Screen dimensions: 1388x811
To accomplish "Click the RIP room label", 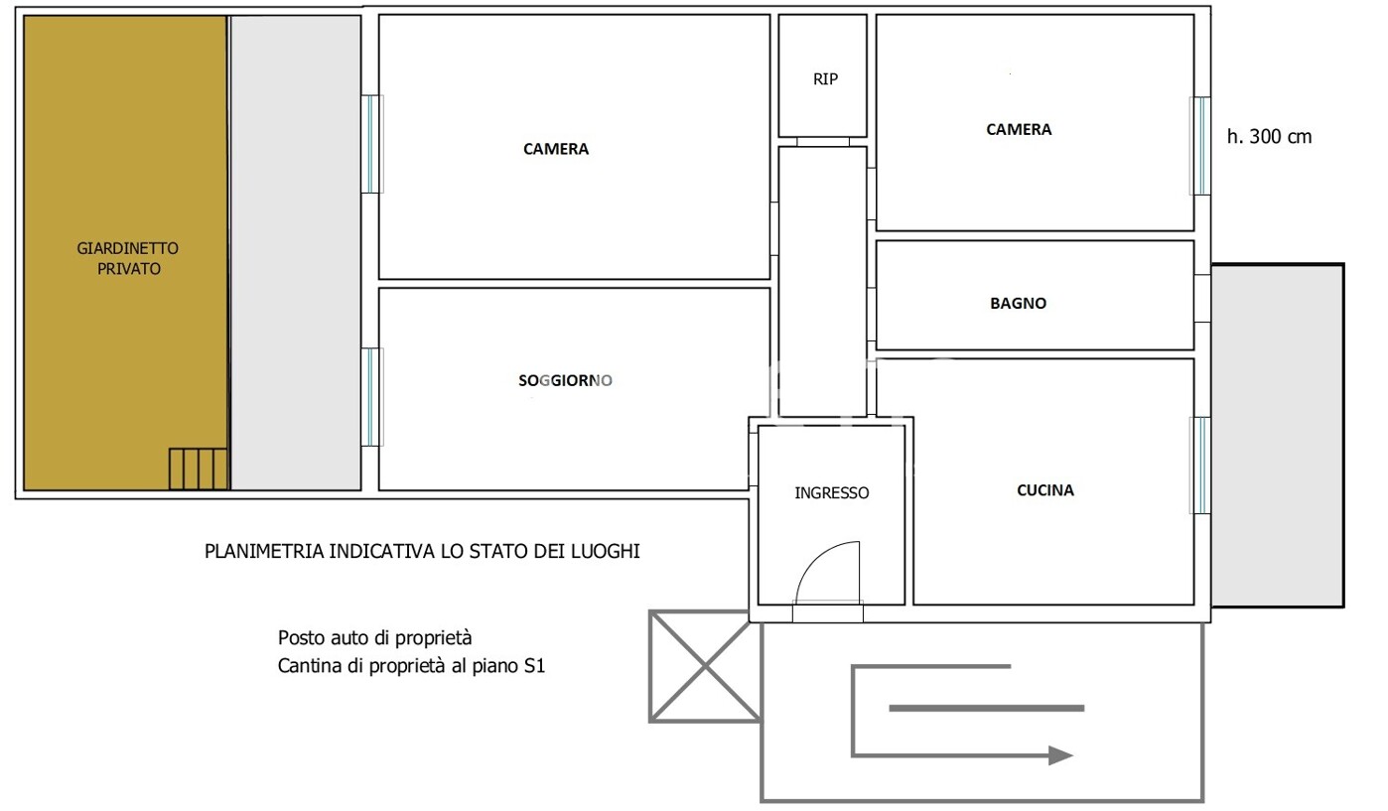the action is click(x=825, y=79).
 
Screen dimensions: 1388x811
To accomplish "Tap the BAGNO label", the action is click(x=1018, y=303).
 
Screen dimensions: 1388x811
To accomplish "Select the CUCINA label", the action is click(x=1045, y=490).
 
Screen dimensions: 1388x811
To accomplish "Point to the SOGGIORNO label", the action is click(x=565, y=380).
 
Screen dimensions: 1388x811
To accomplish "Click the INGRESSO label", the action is click(x=832, y=492).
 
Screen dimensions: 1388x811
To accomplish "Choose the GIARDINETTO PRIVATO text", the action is click(x=128, y=258).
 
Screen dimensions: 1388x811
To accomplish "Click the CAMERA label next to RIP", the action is click(x=1019, y=129).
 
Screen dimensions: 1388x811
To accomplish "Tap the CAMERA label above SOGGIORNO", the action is click(x=556, y=149).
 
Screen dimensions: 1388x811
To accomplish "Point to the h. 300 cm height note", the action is click(x=1269, y=136).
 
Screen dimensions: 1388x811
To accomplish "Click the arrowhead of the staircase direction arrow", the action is click(x=1060, y=755).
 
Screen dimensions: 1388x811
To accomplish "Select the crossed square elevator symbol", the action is click(x=705, y=666).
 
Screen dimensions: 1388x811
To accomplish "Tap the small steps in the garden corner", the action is click(x=199, y=469).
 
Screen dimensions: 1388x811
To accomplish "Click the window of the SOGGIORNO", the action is click(x=371, y=397).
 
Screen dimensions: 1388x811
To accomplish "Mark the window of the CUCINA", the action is click(x=1200, y=466).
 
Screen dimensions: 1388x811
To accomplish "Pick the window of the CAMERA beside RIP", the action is click(x=1200, y=146).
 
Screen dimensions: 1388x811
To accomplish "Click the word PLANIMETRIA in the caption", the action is click(x=264, y=551).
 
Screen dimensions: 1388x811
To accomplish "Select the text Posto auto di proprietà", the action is click(x=374, y=637).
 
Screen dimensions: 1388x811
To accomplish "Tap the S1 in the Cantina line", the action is click(x=534, y=666).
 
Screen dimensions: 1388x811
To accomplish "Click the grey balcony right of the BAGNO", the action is click(x=1277, y=436).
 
